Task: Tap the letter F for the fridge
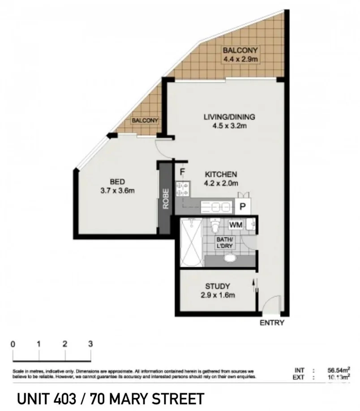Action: (x=182, y=171)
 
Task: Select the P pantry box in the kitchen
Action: (x=243, y=207)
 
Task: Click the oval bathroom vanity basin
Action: (x=230, y=258)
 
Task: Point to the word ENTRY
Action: (x=272, y=323)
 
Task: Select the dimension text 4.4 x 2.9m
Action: (x=242, y=59)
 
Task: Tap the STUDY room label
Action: (x=218, y=286)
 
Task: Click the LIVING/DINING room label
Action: (x=229, y=117)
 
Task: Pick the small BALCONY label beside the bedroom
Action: (x=145, y=121)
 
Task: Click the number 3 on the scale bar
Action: (x=91, y=344)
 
